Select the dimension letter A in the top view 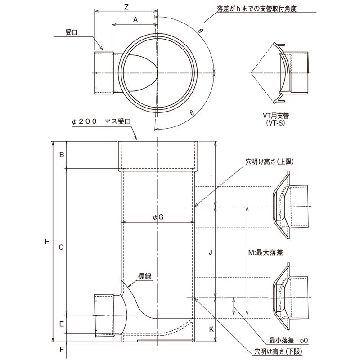(135, 19)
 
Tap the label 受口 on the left (72, 32)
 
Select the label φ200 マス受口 (101, 121)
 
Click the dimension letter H (47, 242)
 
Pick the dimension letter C (62, 247)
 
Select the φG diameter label (157, 217)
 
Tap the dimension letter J (211, 252)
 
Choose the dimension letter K (211, 329)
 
